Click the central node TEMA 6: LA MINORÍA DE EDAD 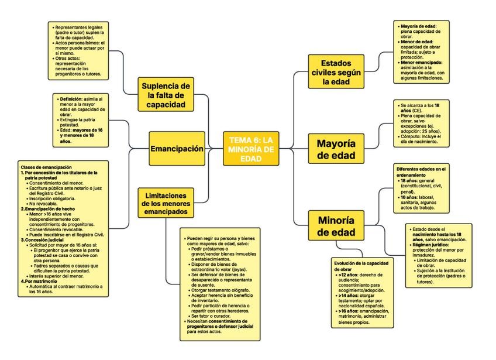(x=252, y=149)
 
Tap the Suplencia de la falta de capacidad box (x=166, y=95)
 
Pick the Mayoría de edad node (x=336, y=149)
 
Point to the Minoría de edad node (x=336, y=226)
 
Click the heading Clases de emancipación (x=46, y=167)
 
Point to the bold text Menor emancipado (x=421, y=61)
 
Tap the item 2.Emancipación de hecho (x=50, y=208)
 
